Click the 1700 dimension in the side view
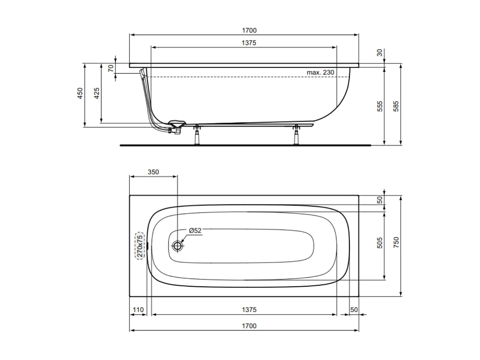pyautogui.click(x=249, y=31)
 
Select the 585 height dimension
pyautogui.click(x=395, y=107)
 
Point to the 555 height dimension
pyautogui.click(x=380, y=107)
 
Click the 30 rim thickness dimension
pyautogui.click(x=380, y=52)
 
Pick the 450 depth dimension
pyautogui.click(x=80, y=94)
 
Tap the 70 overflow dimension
pyautogui.click(x=111, y=68)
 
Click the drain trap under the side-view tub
pyautogui.click(x=175, y=126)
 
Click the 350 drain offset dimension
pyautogui.click(x=153, y=172)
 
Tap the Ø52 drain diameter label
pyautogui.click(x=195, y=231)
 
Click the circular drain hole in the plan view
pyautogui.click(x=177, y=246)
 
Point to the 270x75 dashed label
pyautogui.click(x=140, y=246)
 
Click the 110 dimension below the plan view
pyautogui.click(x=138, y=309)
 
